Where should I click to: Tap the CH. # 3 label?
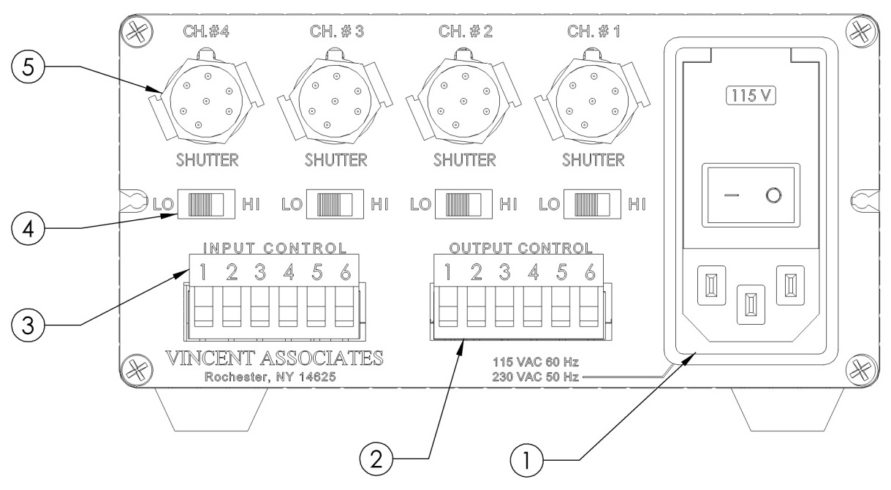pos(331,33)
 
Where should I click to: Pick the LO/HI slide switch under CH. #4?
pos(207,203)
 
